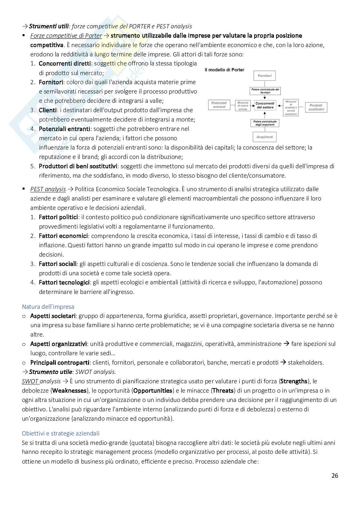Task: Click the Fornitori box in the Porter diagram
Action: tap(265, 76)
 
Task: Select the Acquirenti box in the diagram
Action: tap(265, 137)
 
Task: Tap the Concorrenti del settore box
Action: tap(265, 105)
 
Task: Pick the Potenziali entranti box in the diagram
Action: tap(219, 105)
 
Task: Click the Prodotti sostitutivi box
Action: tap(316, 107)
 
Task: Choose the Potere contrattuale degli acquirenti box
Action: tap(265, 123)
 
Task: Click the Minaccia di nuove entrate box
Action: tap(243, 105)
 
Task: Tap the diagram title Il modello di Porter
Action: tap(225, 70)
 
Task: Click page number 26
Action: tap(335, 475)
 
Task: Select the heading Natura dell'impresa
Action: tap(48, 307)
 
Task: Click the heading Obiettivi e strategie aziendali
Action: tap(61, 433)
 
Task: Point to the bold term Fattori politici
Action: tap(58, 217)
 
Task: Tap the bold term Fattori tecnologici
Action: tap(64, 282)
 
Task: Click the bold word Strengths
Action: tap(294, 381)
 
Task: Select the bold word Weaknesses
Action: tap(69, 391)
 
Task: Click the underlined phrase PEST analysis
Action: tap(48, 189)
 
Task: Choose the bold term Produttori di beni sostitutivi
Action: tap(78, 166)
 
